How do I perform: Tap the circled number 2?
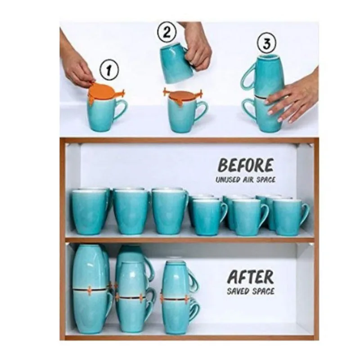[x=166, y=32]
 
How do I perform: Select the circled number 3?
[x=266, y=44]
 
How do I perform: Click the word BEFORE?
[x=246, y=166]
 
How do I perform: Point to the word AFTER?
[x=250, y=276]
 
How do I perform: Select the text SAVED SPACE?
[x=250, y=291]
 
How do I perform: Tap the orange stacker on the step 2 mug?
[x=182, y=95]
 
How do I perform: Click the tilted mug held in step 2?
[x=177, y=63]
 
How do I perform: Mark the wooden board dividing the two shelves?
[x=189, y=240]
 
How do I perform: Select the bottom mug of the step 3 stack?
[x=269, y=115]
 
